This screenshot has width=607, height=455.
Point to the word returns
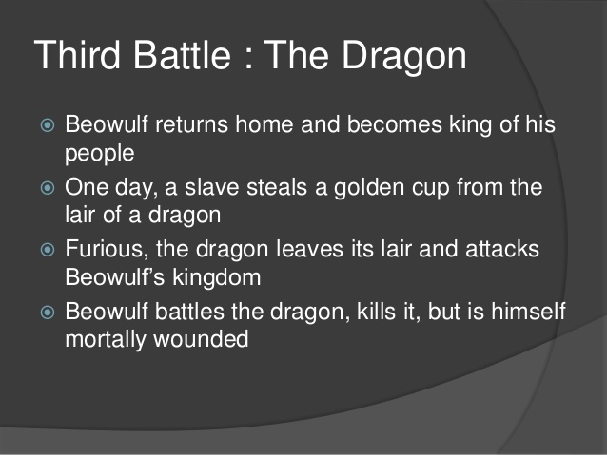click(x=197, y=125)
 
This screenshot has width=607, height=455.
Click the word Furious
click(x=105, y=249)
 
